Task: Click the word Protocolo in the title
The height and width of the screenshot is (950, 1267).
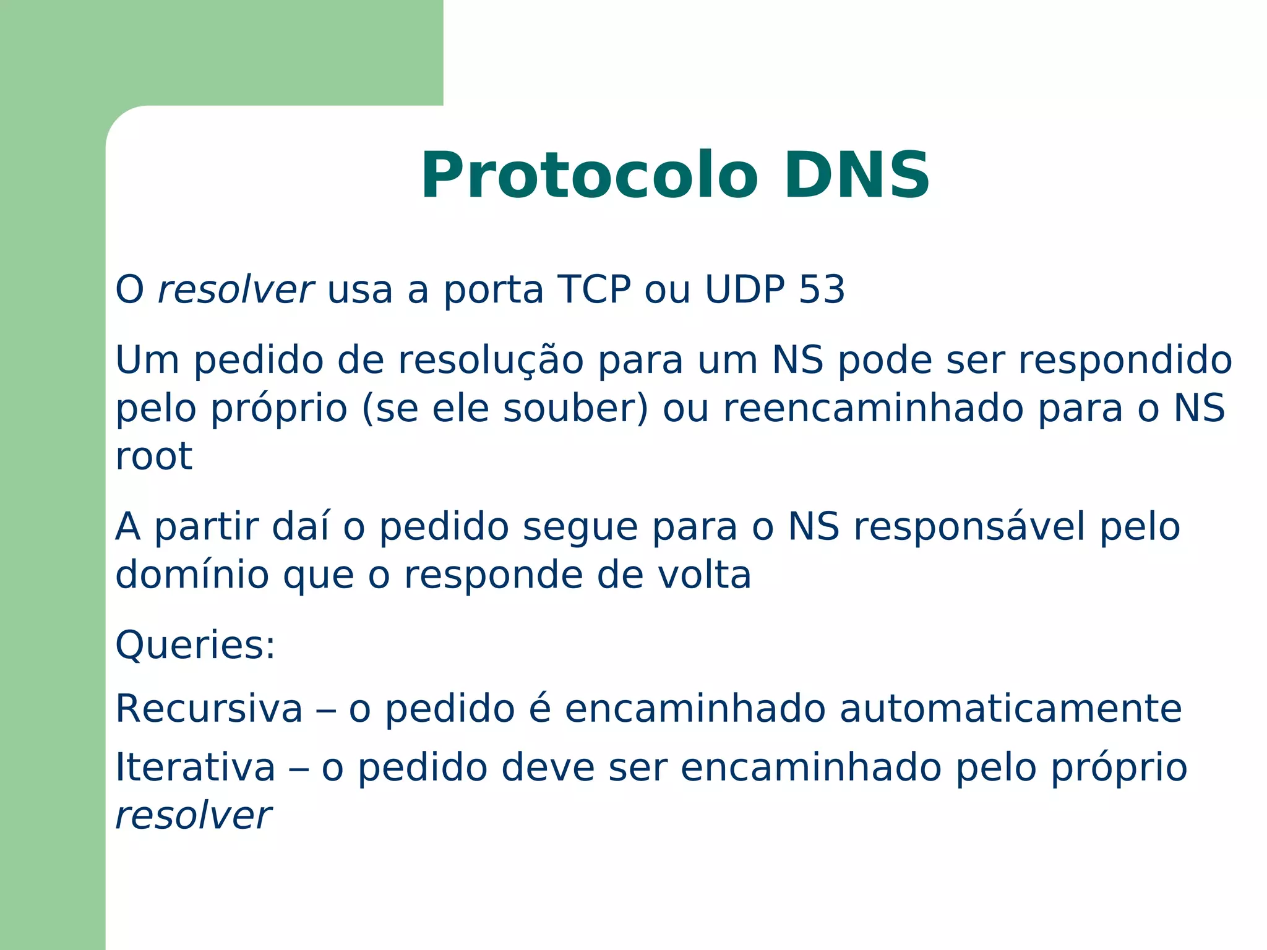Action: [x=589, y=176]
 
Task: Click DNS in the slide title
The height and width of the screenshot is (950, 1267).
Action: [x=856, y=176]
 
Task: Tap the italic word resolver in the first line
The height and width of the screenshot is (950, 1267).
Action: [x=236, y=289]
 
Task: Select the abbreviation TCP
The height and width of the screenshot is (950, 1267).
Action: [x=593, y=289]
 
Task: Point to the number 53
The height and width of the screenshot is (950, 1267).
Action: [x=822, y=289]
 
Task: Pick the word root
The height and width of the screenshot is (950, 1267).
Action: [x=153, y=456]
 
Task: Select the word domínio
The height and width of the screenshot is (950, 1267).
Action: [x=192, y=575]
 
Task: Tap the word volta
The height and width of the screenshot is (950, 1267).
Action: [x=704, y=575]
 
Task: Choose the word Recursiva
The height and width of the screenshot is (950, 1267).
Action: [x=209, y=709]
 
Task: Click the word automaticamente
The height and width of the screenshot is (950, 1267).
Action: [x=1010, y=709]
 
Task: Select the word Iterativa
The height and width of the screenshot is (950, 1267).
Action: [x=195, y=768]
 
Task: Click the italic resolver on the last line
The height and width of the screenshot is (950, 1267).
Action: [x=193, y=816]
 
